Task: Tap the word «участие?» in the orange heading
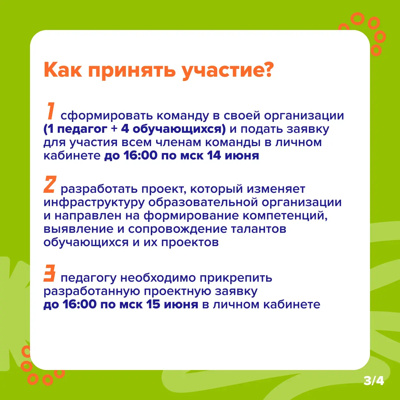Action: pos(228,71)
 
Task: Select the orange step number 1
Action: pos(50,111)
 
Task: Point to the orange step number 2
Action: pos(50,184)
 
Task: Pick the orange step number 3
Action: pos(49,273)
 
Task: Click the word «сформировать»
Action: pos(106,116)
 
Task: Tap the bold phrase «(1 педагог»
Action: pos(75,129)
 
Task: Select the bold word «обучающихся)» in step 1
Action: pos(179,129)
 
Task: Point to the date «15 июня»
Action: pos(172,304)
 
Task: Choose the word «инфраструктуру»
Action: pos(94,202)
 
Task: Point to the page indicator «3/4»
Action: pos(374,381)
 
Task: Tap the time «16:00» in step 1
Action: pos(141,155)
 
